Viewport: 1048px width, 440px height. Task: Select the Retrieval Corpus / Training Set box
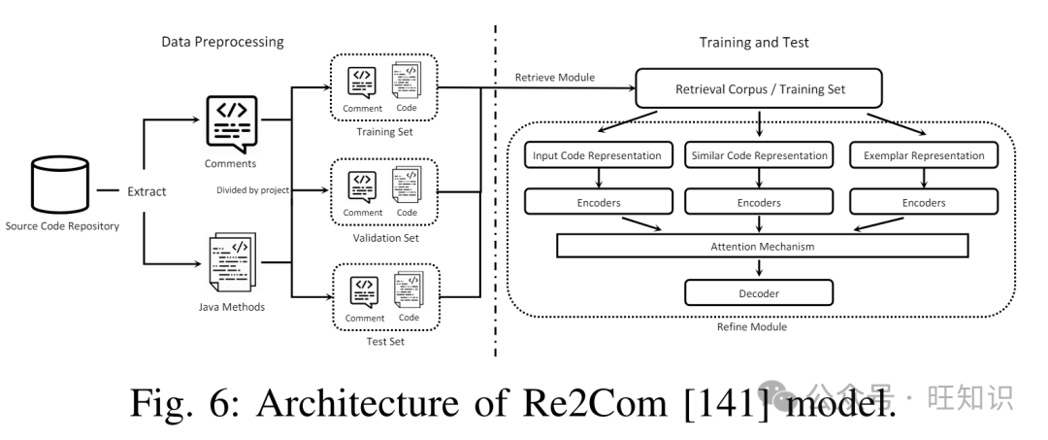759,89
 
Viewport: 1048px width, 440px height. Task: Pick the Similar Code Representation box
759,155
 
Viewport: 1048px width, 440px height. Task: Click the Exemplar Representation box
922,155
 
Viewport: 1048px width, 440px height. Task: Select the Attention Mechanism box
761,247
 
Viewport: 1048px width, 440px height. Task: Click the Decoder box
759,291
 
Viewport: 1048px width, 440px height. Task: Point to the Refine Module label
753,327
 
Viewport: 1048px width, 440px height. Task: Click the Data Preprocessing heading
222,43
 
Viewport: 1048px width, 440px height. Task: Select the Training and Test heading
754,43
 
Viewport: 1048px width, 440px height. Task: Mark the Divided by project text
253,189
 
